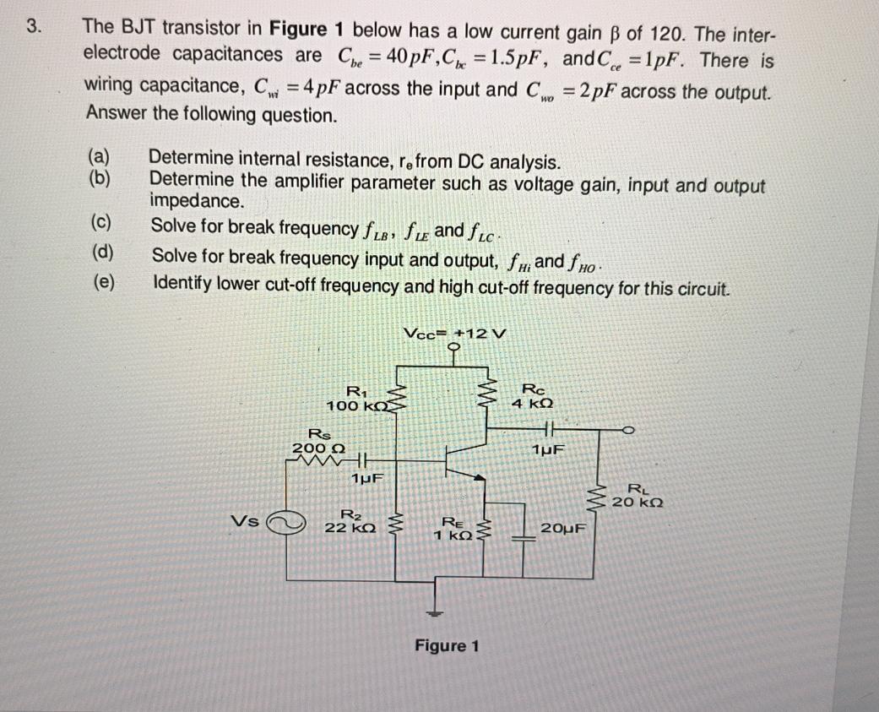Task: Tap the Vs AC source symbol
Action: coord(284,524)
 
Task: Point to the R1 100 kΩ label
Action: coord(355,399)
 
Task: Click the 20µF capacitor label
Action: coord(564,529)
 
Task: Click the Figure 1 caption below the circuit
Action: coord(447,646)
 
